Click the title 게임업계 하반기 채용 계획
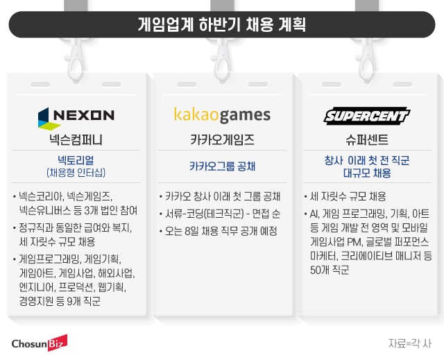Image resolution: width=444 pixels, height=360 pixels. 222,24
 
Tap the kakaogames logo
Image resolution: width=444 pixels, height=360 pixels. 222,115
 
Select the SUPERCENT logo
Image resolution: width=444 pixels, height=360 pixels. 367,116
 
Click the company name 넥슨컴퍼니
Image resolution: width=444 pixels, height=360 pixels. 76,139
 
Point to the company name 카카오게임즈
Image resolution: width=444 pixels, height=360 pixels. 222,139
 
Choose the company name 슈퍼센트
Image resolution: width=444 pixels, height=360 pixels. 367,139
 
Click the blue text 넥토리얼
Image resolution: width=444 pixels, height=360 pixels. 76,160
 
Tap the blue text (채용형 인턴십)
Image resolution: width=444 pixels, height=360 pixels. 76,172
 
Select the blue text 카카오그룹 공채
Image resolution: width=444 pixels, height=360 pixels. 222,166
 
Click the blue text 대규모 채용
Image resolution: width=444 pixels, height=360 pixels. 367,173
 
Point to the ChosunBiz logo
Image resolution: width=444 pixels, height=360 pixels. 40,343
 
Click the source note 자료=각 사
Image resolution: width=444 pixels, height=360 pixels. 410,343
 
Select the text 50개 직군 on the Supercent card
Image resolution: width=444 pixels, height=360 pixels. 330,270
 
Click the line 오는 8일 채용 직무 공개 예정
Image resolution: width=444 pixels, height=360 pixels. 221,231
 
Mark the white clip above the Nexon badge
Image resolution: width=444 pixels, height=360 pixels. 76,61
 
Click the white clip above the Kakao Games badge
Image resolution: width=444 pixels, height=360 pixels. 222,61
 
